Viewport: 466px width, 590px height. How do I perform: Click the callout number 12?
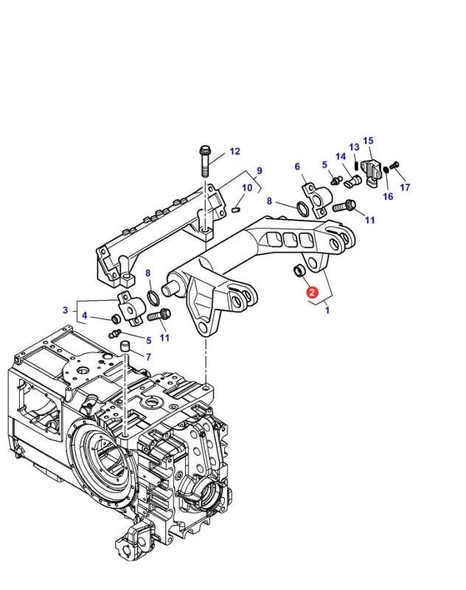234,152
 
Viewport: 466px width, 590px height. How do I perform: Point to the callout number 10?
247,188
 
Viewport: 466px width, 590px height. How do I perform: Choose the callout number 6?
297,167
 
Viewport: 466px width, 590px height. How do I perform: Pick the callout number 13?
354,147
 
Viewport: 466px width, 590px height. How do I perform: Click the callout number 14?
341,157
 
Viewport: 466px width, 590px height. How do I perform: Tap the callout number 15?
369,141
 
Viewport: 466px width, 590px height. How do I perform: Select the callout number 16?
388,196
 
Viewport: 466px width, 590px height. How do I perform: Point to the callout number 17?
405,187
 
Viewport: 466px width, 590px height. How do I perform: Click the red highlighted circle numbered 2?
312,293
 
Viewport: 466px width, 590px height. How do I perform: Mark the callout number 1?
327,310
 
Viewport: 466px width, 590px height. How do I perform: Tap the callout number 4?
86,317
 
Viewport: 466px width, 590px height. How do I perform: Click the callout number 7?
148,357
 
